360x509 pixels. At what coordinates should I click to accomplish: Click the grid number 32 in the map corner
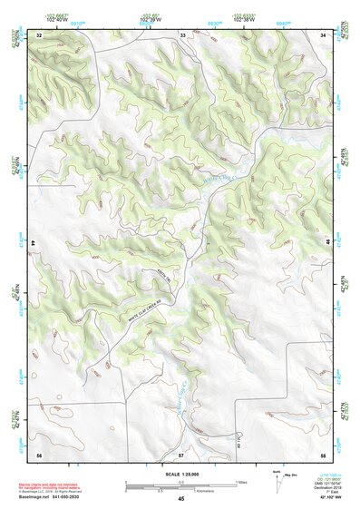[x=39, y=34]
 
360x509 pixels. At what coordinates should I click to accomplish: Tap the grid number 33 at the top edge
[x=182, y=34]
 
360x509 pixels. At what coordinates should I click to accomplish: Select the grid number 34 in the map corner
[x=324, y=34]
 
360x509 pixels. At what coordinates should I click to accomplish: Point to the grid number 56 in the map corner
[x=39, y=453]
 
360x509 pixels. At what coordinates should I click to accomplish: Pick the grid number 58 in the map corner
[x=323, y=453]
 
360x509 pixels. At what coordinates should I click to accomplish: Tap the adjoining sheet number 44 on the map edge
[x=34, y=244]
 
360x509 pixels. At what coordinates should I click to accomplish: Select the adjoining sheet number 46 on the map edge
[x=328, y=244]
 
